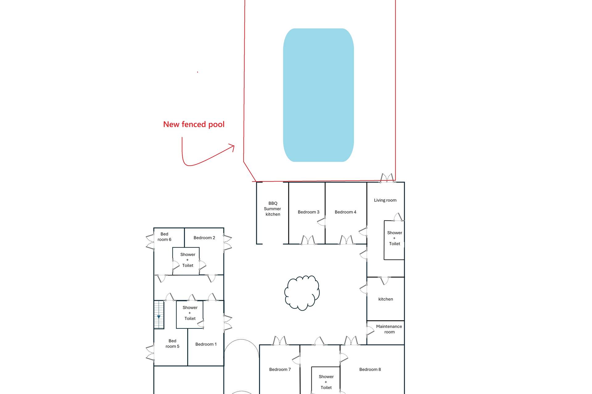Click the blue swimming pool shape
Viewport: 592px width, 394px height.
(319, 95)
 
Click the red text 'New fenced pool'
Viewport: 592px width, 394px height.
(194, 124)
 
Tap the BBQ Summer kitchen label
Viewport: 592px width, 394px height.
(273, 209)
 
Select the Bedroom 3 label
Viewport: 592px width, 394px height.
(308, 212)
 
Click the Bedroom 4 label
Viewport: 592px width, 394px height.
(345, 212)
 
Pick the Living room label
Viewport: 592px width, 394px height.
(385, 200)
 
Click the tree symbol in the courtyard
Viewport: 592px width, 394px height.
(302, 293)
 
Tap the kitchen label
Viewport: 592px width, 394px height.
(385, 299)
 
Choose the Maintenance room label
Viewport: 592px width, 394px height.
(389, 329)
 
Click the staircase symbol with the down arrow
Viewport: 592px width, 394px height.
(159, 315)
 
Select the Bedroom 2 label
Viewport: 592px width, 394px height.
(204, 238)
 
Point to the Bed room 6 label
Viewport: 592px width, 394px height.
(164, 237)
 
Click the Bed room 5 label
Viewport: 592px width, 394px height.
(172, 344)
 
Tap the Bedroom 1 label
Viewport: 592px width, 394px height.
(206, 344)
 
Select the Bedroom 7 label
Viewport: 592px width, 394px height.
(280, 369)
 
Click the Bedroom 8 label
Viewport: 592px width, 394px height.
(370, 369)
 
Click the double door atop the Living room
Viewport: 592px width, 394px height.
(387, 178)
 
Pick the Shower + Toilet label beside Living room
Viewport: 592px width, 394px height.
(395, 238)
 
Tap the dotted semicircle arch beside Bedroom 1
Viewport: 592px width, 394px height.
(241, 340)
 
